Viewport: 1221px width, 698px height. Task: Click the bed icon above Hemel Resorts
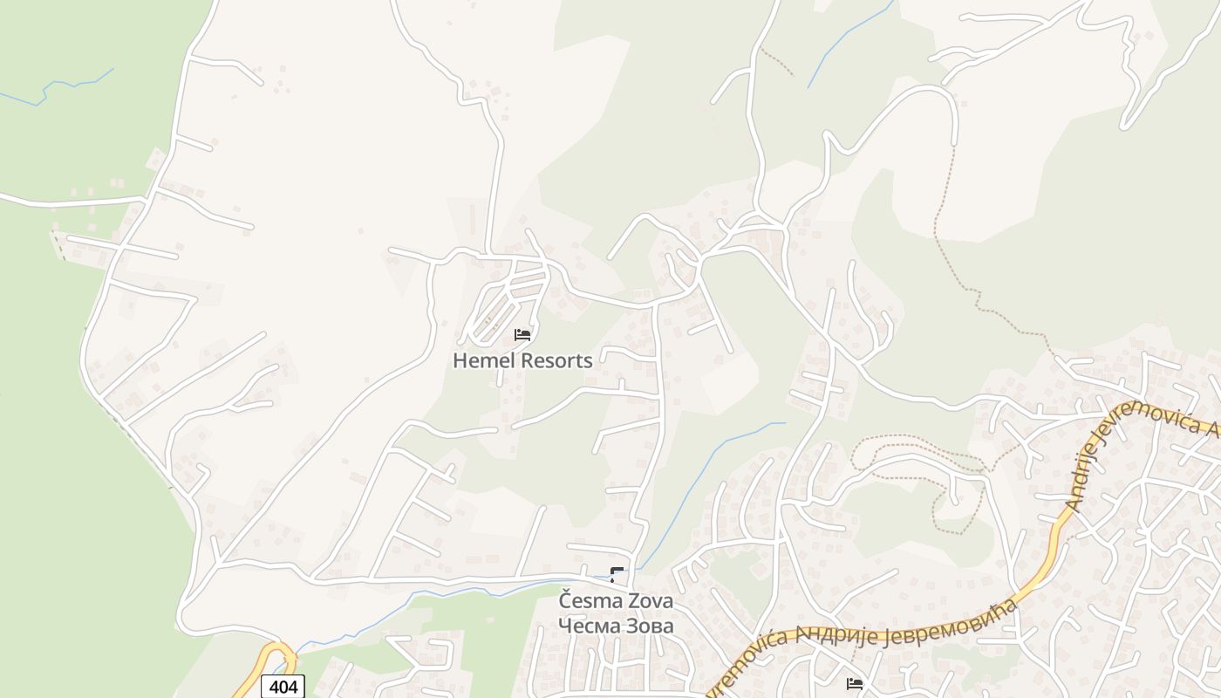coord(522,334)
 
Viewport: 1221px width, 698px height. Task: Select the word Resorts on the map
coord(556,360)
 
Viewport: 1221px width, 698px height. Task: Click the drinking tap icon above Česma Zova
coord(617,575)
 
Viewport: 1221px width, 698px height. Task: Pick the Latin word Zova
coord(648,602)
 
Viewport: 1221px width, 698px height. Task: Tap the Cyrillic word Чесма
coord(588,626)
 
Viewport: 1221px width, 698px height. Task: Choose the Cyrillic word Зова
coord(648,626)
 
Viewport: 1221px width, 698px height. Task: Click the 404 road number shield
coord(283,687)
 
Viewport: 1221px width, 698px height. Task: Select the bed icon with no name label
coord(855,683)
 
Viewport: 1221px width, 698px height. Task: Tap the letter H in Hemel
coord(460,360)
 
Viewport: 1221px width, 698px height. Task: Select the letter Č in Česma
coord(566,601)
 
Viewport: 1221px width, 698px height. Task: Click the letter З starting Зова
coord(626,626)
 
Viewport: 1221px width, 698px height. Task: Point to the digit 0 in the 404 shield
coord(283,687)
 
